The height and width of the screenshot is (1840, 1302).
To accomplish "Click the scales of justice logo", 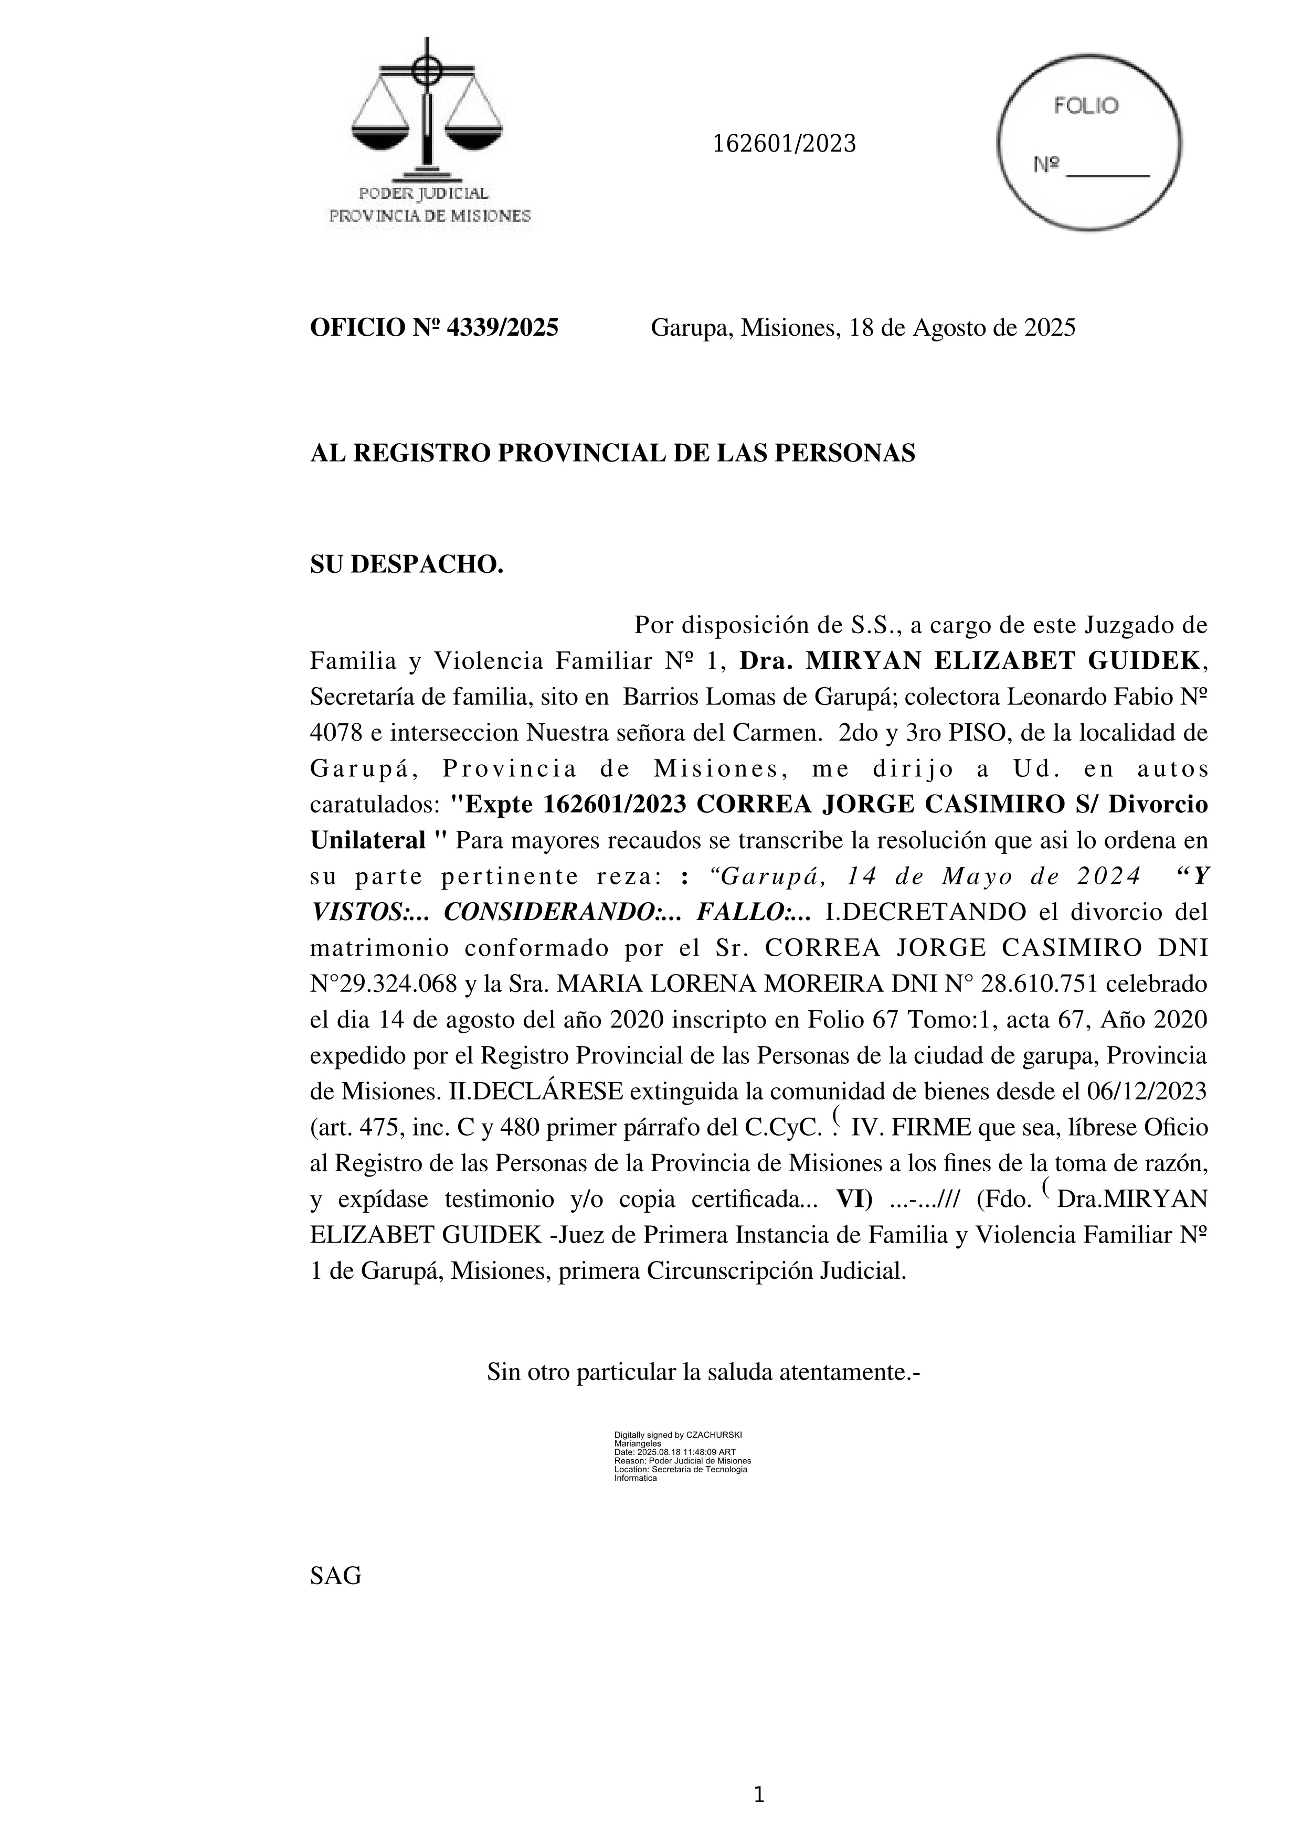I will point(427,112).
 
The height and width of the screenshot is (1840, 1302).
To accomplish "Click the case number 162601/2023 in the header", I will point(784,144).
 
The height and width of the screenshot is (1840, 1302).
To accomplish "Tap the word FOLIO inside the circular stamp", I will point(1086,106).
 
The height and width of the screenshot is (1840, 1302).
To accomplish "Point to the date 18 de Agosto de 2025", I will point(962,328).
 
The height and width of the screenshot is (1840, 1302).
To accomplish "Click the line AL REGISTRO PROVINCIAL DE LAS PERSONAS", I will point(612,454).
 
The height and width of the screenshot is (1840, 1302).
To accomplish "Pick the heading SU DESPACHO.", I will point(407,564).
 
